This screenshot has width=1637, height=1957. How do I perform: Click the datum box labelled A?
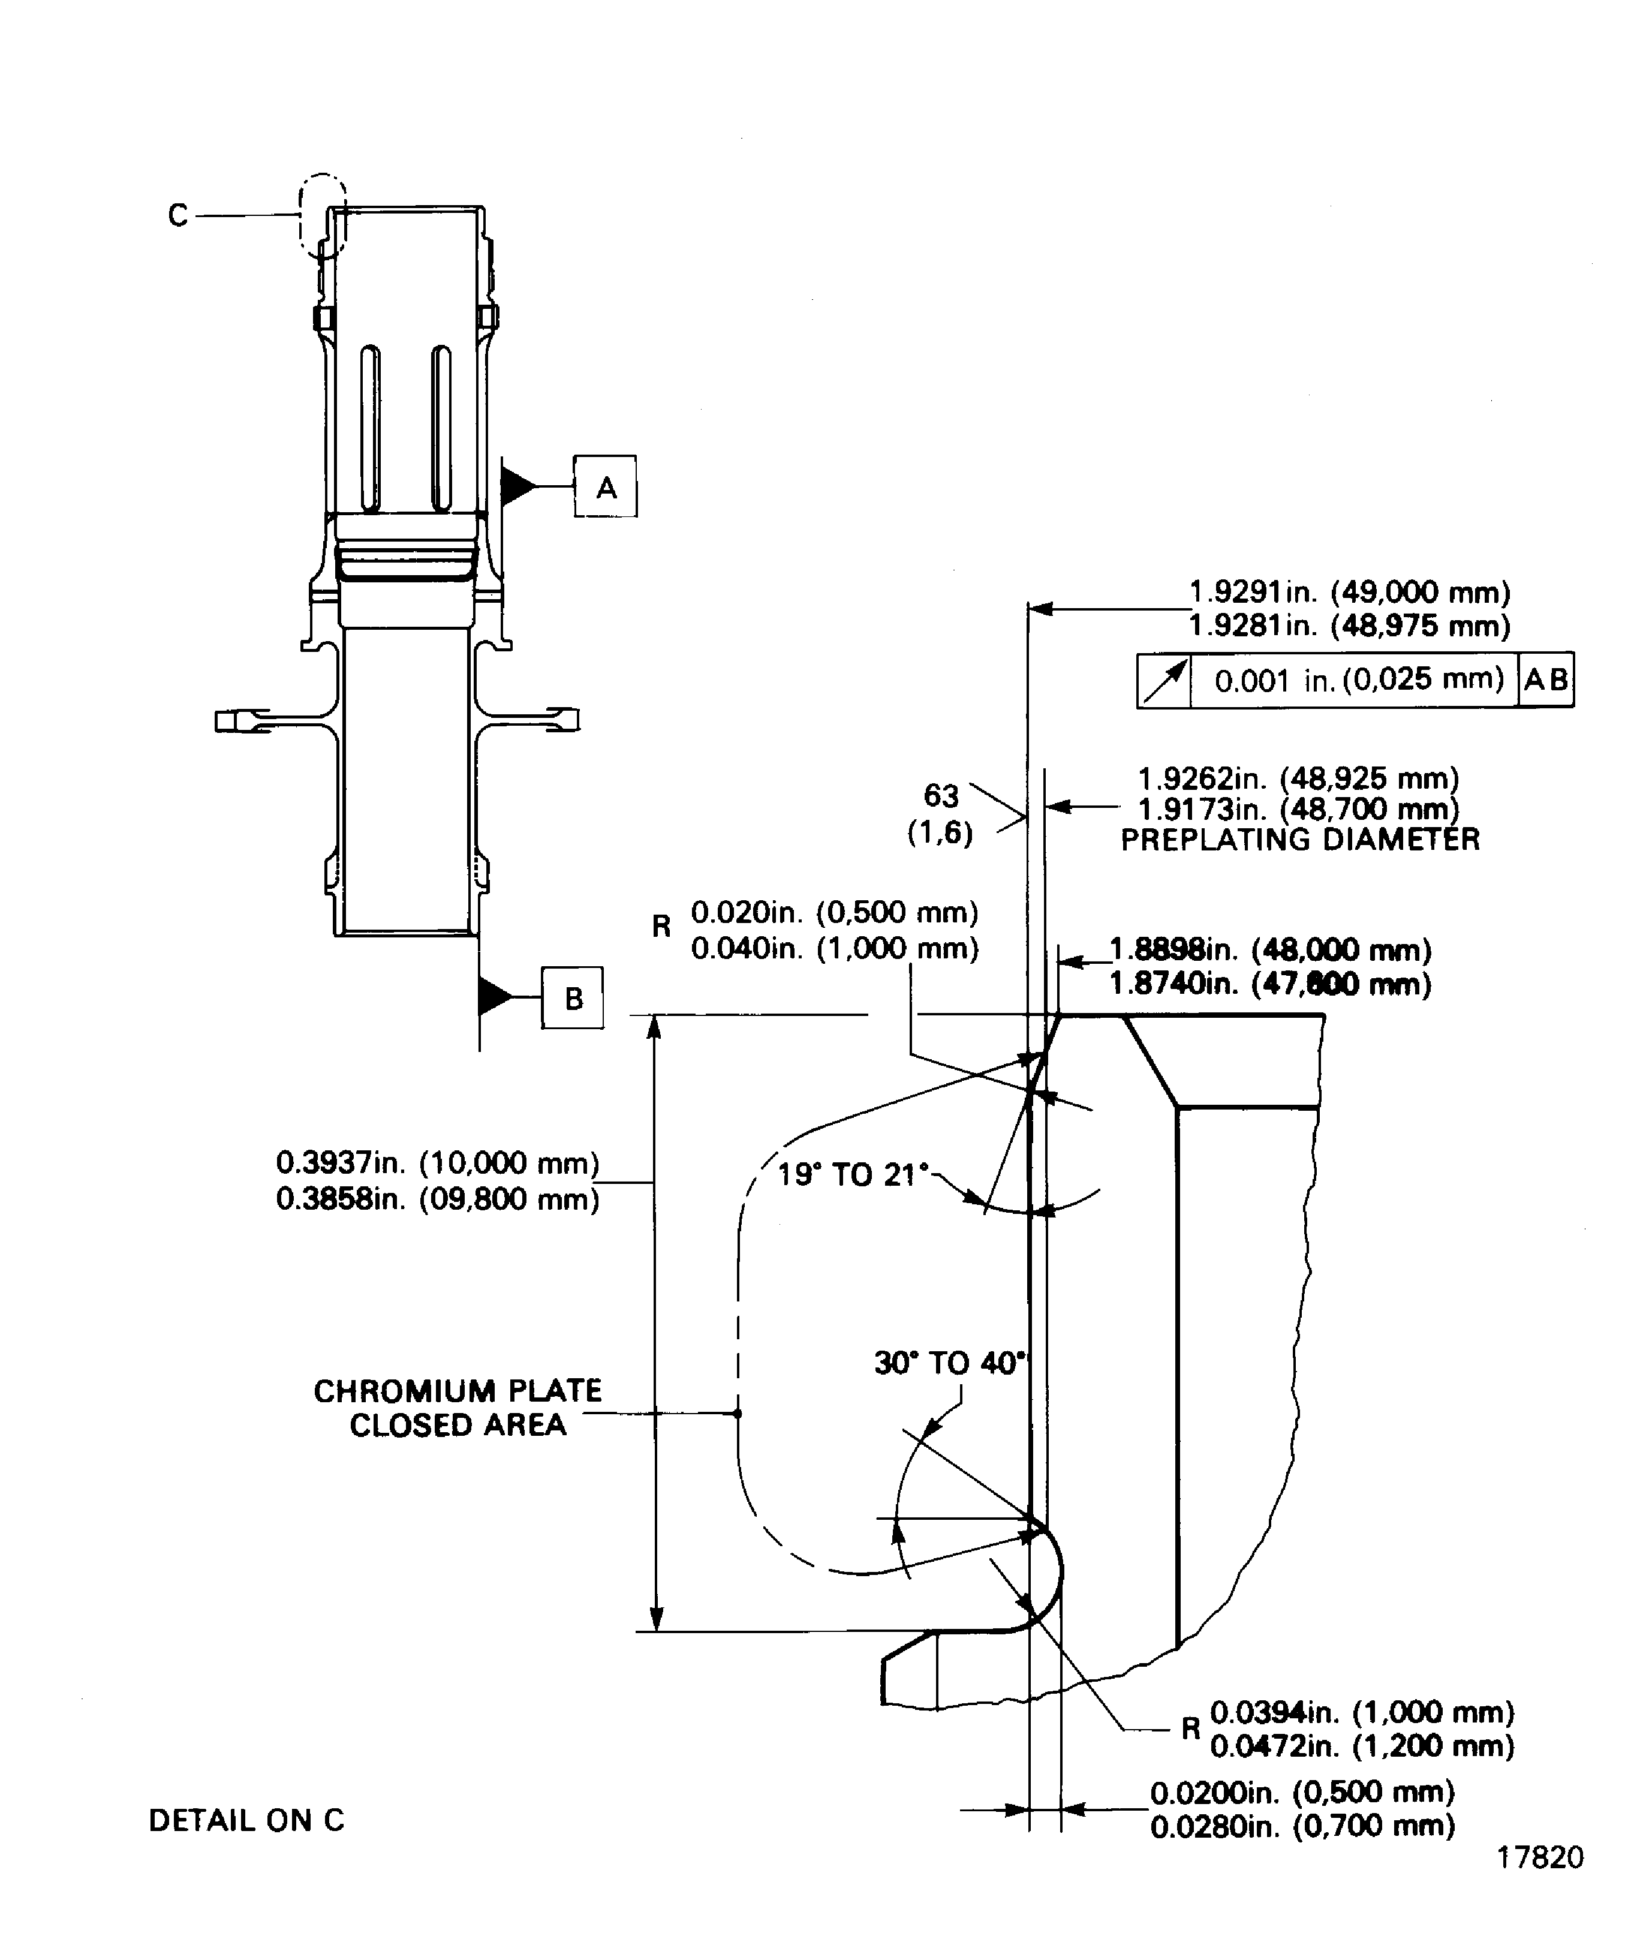coord(606,486)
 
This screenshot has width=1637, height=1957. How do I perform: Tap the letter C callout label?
coord(178,215)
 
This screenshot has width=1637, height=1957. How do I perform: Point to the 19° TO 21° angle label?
coord(853,1174)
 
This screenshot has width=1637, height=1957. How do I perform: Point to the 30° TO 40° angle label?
coord(949,1363)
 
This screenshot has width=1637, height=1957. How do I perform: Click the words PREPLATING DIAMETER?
coord(1300,840)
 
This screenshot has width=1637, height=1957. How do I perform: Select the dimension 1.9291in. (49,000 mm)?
coord(1350,592)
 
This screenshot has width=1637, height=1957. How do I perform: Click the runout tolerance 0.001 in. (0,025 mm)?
coord(1358,680)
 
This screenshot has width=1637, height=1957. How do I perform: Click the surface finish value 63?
coord(940,796)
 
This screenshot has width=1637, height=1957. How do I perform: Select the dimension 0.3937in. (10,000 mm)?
coord(438,1163)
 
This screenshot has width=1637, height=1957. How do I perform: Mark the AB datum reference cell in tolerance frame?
coord(1546,680)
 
